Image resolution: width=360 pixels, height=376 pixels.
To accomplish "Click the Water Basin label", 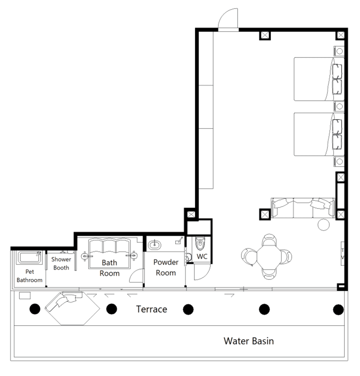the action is click(x=249, y=341).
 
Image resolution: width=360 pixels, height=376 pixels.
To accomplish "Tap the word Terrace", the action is click(x=152, y=309).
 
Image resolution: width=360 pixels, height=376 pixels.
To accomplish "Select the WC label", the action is click(x=202, y=256).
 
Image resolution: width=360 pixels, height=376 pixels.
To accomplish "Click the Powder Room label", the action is click(x=166, y=267).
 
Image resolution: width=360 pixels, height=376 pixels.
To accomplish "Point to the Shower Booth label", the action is click(x=61, y=263).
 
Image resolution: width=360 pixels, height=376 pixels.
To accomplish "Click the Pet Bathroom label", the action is click(x=30, y=276).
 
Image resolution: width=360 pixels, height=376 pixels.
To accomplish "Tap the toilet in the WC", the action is click(x=200, y=243).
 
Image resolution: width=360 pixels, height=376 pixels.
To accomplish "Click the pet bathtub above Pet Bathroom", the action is click(x=29, y=257).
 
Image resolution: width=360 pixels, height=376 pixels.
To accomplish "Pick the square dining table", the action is click(x=269, y=257).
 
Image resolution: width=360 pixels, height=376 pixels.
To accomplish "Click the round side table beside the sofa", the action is click(x=324, y=225).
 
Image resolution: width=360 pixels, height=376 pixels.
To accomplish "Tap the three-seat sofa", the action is click(x=303, y=208).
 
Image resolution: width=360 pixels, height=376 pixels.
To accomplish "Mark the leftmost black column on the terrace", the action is click(x=35, y=309).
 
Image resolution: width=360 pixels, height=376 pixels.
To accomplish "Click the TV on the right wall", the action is click(x=342, y=253).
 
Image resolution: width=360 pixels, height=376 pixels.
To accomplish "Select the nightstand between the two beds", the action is click(x=339, y=106).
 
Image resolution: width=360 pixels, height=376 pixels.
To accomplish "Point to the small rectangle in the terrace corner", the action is click(x=25, y=296).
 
